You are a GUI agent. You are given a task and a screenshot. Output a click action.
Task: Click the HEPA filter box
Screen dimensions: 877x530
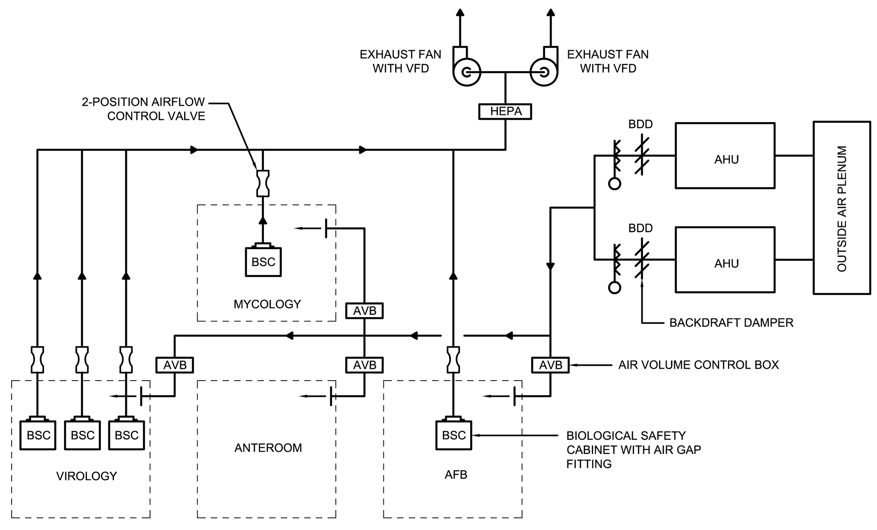point(505,111)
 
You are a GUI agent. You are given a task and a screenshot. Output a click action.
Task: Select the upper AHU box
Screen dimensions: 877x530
point(725,155)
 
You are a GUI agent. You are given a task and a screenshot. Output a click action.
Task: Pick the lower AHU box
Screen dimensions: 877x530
point(725,260)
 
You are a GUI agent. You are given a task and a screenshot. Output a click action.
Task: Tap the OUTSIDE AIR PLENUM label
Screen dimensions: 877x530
point(842,208)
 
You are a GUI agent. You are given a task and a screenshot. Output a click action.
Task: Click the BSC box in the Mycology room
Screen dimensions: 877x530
point(263,262)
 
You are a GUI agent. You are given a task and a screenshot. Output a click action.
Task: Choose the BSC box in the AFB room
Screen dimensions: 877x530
point(454,435)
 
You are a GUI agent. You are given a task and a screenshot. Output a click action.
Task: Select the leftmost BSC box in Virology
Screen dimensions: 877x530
point(38,435)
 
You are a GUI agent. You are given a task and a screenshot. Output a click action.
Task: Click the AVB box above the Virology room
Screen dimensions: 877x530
point(175,365)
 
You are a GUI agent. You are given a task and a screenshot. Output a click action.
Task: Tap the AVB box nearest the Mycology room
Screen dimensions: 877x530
point(365,311)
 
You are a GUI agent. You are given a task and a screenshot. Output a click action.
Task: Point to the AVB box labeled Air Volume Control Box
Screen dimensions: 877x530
point(550,365)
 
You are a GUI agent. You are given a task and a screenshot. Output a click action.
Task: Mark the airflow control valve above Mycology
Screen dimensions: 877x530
point(263,183)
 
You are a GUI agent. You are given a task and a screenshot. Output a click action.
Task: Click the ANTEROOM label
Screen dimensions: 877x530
point(268,448)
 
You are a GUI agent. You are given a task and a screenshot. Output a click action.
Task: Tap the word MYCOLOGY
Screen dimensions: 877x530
point(267,304)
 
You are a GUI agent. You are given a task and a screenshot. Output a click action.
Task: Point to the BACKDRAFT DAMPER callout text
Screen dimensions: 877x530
point(731,323)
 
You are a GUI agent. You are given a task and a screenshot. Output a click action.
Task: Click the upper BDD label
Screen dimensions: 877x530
point(640,124)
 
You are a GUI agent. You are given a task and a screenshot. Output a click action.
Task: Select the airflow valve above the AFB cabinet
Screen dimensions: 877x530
point(454,359)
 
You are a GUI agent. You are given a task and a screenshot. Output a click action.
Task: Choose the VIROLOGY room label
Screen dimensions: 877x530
point(86,476)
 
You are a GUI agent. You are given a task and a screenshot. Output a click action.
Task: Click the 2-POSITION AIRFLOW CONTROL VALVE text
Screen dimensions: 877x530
point(143,109)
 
